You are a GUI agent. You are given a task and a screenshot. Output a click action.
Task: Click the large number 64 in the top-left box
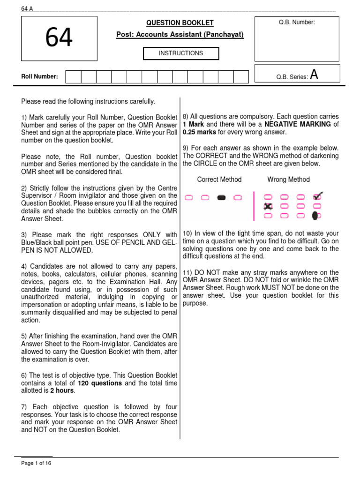(x=59, y=38)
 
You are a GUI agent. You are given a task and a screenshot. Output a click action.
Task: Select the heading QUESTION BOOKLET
(x=180, y=22)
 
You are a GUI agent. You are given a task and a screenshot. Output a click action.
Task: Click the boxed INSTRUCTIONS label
(x=181, y=53)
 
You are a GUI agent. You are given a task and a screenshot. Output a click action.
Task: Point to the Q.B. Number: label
(x=296, y=22)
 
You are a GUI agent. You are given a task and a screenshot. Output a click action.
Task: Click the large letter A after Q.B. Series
(x=314, y=75)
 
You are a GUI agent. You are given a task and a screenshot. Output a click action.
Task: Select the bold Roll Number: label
(x=40, y=76)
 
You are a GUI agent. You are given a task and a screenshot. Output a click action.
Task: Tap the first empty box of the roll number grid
(x=73, y=77)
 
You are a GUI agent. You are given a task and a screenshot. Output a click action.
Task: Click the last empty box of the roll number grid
(x=241, y=77)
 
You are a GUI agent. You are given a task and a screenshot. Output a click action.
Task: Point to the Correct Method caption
(x=219, y=180)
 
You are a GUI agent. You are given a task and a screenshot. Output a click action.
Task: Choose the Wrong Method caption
(x=288, y=180)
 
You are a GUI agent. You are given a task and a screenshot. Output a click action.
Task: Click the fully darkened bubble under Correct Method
(x=222, y=198)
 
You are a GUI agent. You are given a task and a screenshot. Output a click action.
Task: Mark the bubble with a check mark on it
(x=317, y=196)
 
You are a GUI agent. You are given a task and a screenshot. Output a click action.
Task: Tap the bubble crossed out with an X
(x=268, y=206)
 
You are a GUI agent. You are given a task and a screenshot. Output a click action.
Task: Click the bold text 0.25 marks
(x=199, y=132)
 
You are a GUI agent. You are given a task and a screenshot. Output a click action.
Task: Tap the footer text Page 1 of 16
(x=36, y=463)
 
